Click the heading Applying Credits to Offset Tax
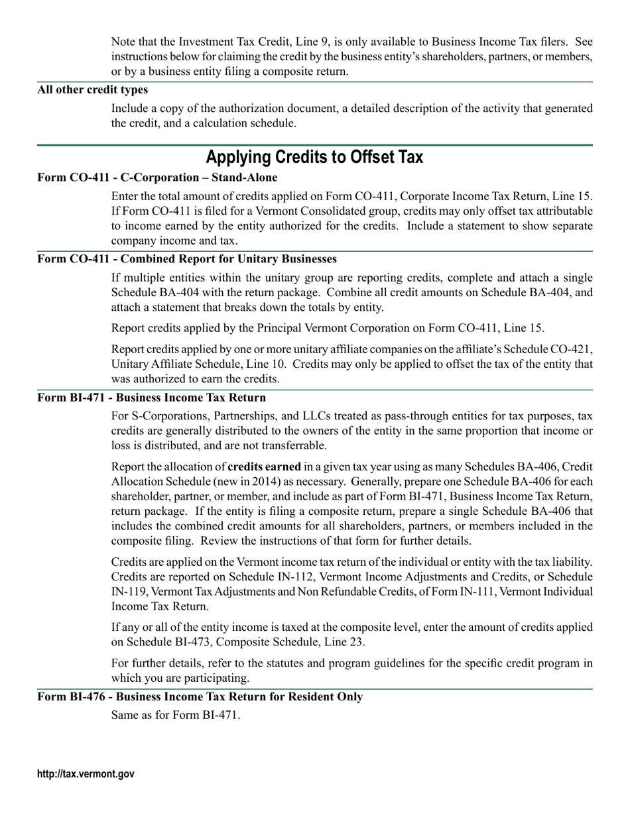[314, 158]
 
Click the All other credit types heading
[93, 89]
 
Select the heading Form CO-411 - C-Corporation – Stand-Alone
[157, 178]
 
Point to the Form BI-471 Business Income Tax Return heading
[152, 398]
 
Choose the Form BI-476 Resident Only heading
[200, 697]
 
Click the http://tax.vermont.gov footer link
[86, 774]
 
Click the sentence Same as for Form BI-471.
[176, 715]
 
